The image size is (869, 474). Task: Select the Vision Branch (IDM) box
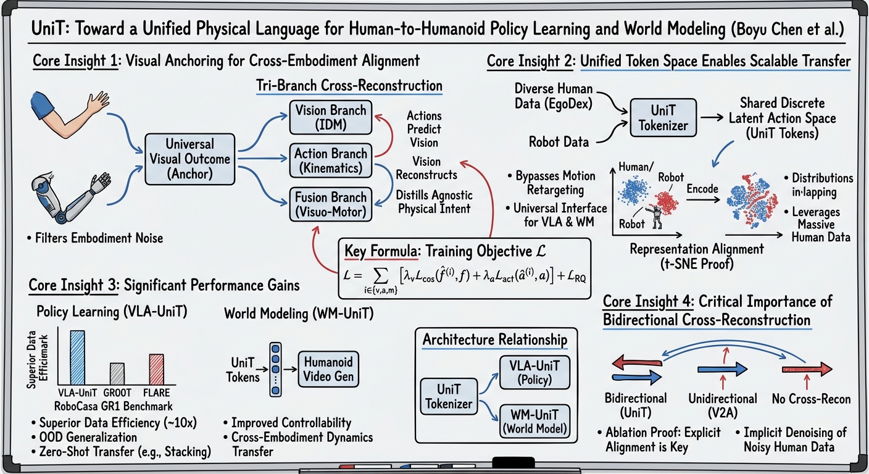330,117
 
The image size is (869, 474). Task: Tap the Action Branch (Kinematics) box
330,160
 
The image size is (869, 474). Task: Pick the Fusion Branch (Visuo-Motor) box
330,204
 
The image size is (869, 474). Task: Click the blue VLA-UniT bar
77,357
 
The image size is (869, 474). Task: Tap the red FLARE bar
156,368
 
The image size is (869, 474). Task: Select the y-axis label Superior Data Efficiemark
40,357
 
